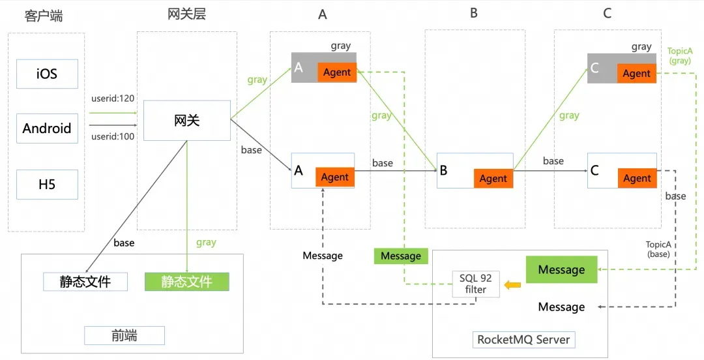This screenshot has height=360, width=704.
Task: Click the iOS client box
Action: click(x=47, y=74)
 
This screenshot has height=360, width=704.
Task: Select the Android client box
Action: click(x=47, y=128)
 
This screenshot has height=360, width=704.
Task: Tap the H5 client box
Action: click(x=47, y=184)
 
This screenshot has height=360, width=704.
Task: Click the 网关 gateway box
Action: click(x=187, y=120)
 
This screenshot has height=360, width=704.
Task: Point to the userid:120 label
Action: click(x=113, y=98)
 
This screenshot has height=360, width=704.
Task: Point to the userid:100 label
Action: click(x=113, y=136)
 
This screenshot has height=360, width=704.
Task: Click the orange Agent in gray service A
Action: click(x=337, y=72)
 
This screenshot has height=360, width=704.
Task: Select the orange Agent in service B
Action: click(x=493, y=178)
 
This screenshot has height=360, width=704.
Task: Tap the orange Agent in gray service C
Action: click(x=636, y=74)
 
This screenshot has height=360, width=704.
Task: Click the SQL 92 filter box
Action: click(x=476, y=284)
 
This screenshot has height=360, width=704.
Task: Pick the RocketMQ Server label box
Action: click(x=523, y=340)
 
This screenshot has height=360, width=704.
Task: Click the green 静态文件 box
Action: click(x=187, y=282)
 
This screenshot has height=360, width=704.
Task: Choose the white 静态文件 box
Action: click(x=85, y=282)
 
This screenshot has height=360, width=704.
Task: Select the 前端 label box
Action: click(x=125, y=335)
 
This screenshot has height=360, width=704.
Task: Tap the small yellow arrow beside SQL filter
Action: click(x=512, y=284)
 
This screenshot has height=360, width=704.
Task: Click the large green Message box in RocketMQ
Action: click(x=561, y=270)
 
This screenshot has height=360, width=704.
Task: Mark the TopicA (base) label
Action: click(x=658, y=248)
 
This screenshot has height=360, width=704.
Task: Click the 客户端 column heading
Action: click(x=44, y=16)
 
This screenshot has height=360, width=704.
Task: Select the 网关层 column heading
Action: click(x=186, y=14)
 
